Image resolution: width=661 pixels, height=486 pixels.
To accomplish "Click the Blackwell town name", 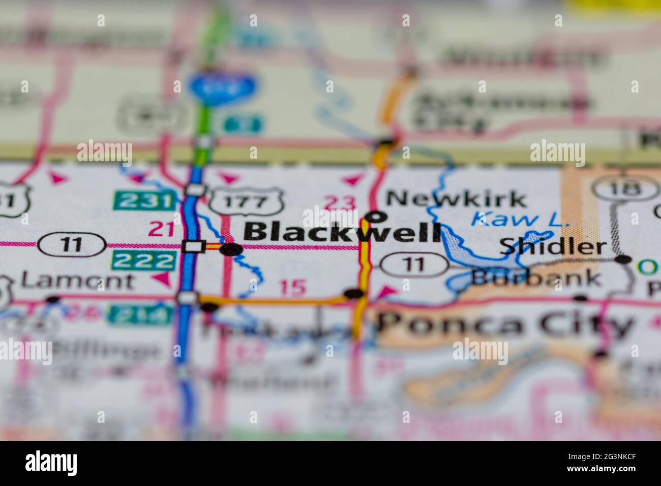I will [342, 233].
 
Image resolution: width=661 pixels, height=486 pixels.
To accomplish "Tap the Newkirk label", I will [456, 199].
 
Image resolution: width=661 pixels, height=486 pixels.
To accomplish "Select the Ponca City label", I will [506, 324].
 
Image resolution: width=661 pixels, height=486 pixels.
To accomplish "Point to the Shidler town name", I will [553, 247].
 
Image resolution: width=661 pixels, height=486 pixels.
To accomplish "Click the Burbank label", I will [536, 278].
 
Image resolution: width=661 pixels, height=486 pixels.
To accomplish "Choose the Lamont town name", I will [78, 281].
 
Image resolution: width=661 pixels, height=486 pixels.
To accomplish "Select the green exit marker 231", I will [143, 200].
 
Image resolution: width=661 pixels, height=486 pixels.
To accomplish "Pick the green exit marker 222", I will [144, 261].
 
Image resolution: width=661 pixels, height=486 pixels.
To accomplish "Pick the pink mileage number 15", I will [293, 288].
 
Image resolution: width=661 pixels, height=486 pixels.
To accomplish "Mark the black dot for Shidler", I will [623, 259].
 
